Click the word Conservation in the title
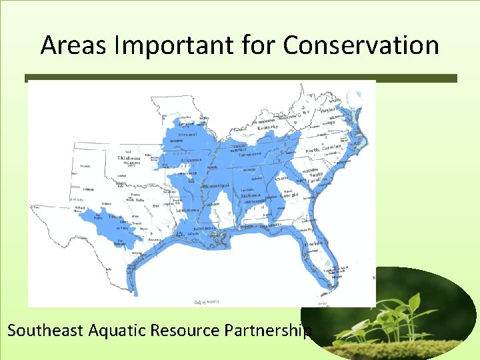click(x=361, y=45)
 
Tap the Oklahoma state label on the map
click(x=130, y=158)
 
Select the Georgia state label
click(x=288, y=195)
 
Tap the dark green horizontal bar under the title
click(x=241, y=78)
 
